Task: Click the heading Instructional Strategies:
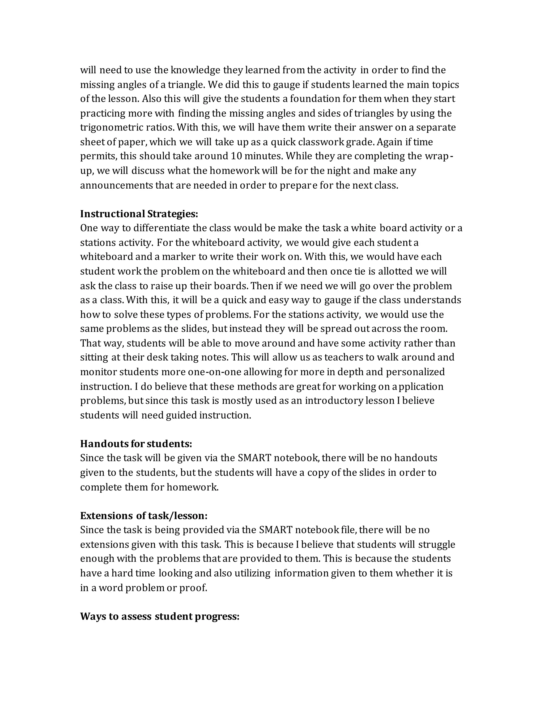point(139,214)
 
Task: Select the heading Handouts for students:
point(136,444)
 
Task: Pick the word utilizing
point(254,573)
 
